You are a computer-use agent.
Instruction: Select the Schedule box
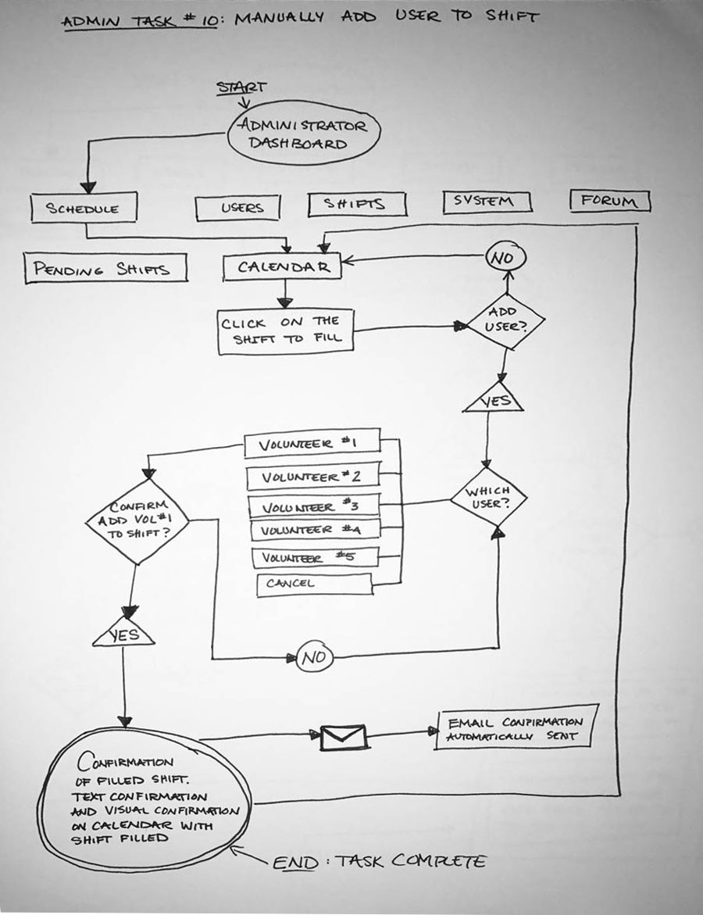(x=84, y=209)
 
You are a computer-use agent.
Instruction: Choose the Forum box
(x=610, y=201)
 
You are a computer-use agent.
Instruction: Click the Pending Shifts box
(x=106, y=268)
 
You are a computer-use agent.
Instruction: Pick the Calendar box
(x=282, y=267)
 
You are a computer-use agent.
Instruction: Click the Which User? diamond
(x=489, y=498)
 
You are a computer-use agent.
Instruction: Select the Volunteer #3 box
(x=313, y=506)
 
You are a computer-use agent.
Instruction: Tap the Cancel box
(x=314, y=583)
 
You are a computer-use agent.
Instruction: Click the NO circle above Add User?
(x=507, y=257)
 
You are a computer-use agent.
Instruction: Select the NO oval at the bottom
(x=314, y=658)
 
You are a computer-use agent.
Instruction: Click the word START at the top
(x=241, y=88)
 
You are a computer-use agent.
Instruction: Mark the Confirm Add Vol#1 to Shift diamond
(x=137, y=520)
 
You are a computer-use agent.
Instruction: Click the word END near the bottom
(x=295, y=863)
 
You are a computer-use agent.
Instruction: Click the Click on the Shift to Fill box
(x=285, y=331)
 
